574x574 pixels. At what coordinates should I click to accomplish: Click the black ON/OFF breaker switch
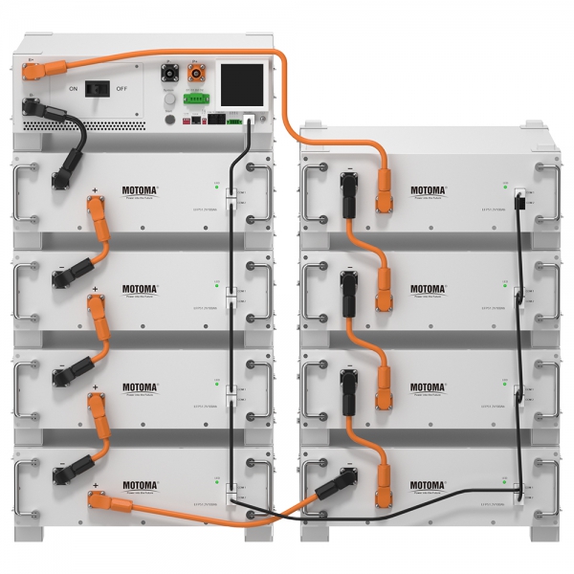96,89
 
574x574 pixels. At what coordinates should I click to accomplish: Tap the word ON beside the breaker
72,89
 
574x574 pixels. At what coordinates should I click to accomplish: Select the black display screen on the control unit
243,83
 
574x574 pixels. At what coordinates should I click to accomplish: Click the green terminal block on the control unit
198,98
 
